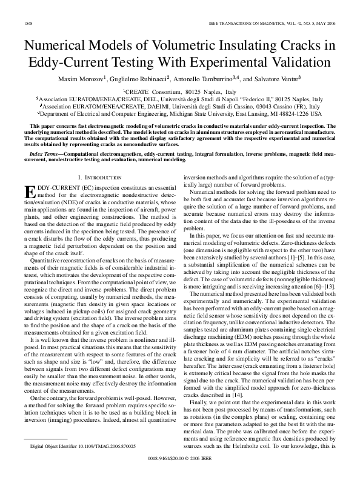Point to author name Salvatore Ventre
pos(285,79)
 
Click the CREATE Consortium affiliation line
pos(179,90)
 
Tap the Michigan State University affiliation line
pos(179,113)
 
